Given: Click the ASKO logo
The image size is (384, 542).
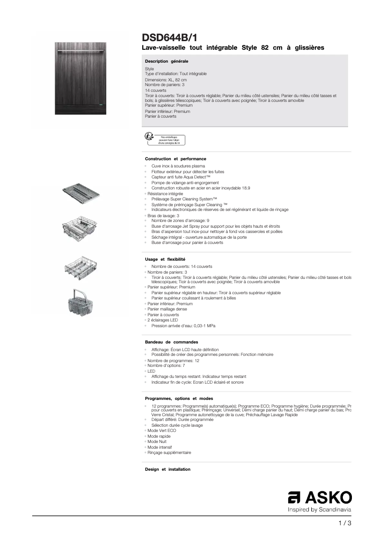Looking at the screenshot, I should [x=319, y=498].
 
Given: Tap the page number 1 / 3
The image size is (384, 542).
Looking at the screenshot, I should [x=345, y=523].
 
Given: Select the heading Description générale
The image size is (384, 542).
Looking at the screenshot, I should [x=167, y=61].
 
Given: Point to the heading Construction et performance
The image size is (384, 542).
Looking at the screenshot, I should [x=175, y=158].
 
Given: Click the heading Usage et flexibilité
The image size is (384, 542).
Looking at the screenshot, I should [x=165, y=259].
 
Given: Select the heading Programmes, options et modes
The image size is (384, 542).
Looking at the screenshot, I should [x=179, y=398].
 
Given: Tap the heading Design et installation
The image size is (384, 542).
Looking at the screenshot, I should [x=168, y=469].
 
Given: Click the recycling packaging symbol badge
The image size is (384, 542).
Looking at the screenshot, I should [x=164, y=139].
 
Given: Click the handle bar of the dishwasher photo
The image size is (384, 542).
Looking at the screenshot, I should [x=80, y=50].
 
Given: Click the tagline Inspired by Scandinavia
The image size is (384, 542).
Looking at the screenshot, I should [x=319, y=510].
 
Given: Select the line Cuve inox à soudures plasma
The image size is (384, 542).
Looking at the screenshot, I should [x=171, y=166].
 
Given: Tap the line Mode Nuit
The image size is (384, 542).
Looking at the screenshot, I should [x=157, y=442].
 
